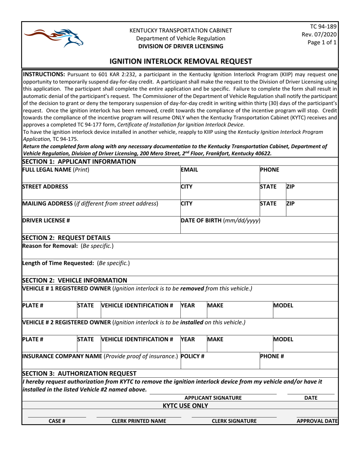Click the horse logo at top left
tap(53, 37)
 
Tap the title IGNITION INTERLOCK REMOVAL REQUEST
tap(180, 61)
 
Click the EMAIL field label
tap(190, 170)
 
